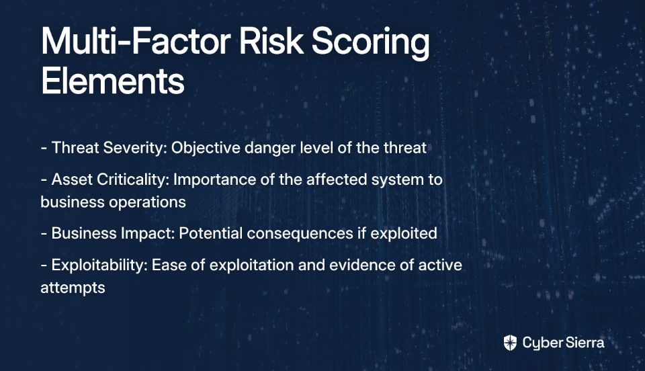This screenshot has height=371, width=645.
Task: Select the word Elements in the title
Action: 113,81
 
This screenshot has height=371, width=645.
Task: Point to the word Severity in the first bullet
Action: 135,149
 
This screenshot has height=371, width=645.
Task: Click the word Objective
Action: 206,149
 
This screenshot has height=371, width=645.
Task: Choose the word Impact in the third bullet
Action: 148,234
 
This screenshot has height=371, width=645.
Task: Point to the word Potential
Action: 210,233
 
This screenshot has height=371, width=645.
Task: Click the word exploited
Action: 404,234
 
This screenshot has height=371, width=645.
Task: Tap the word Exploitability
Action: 99,265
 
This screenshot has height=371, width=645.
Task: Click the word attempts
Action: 73,288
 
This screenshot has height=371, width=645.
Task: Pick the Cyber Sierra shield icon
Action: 510,343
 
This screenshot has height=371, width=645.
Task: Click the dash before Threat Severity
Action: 44,148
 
